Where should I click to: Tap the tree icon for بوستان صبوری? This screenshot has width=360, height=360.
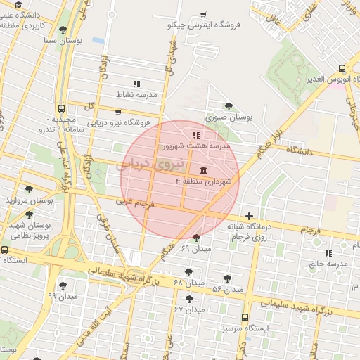(x=229, y=106)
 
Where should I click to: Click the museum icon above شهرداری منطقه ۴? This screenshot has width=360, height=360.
(x=203, y=170)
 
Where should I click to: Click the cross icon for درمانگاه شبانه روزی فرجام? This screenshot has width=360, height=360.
(x=248, y=216)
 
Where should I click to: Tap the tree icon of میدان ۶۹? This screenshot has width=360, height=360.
(x=196, y=238)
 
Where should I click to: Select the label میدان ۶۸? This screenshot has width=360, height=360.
(x=188, y=282)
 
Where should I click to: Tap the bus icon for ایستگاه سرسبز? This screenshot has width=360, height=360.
(x=245, y=317)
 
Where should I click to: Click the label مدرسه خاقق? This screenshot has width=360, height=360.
(x=329, y=264)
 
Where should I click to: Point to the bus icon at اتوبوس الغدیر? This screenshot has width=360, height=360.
(x=342, y=68)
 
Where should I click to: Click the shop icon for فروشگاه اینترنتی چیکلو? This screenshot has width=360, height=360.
(x=203, y=14)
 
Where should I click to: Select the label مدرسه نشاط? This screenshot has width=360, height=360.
(x=141, y=94)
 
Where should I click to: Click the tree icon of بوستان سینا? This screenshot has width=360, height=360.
(x=63, y=30)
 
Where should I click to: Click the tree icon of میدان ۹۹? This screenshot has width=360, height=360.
(x=63, y=285)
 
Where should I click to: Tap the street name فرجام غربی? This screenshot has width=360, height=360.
(x=134, y=202)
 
